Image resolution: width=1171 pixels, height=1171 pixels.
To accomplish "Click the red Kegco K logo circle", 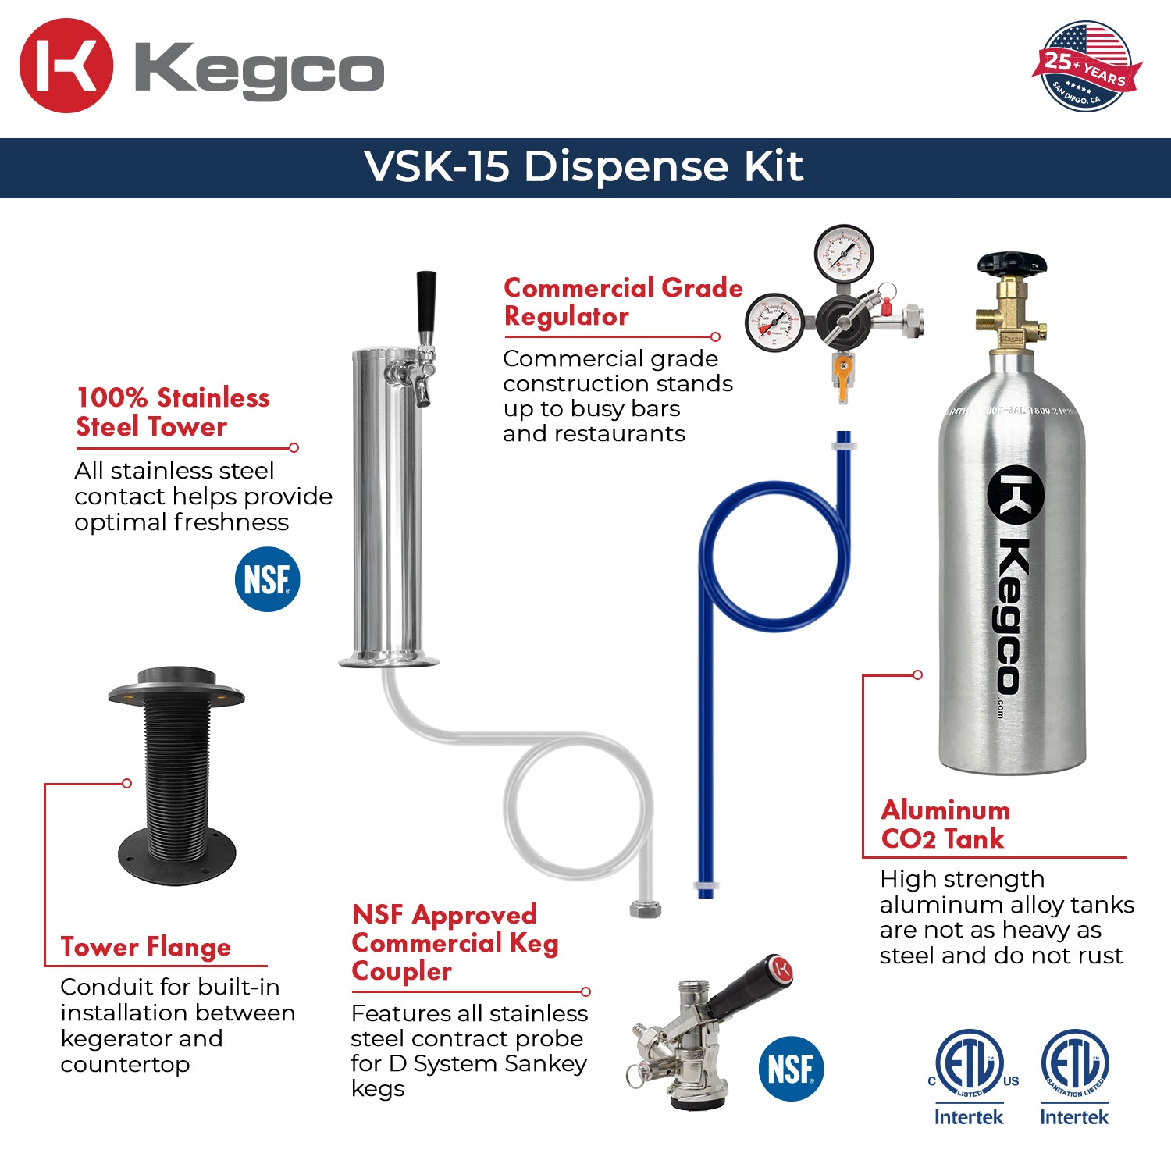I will point(66,66).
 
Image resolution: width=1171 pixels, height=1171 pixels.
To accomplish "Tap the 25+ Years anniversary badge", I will point(1086,67).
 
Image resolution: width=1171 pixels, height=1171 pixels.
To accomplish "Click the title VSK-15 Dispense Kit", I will point(584,166).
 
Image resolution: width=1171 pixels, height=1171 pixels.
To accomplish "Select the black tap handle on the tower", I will point(425,301).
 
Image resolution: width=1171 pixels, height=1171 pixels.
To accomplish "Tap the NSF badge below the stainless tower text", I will point(267,579).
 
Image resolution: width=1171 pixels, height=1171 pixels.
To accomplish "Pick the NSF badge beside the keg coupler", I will point(791,1068).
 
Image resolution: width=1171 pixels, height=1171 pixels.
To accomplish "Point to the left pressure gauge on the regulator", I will point(774,322).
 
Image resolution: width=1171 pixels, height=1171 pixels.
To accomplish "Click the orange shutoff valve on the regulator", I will point(842,372).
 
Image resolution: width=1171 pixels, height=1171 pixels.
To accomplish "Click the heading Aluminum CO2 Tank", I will point(945,824).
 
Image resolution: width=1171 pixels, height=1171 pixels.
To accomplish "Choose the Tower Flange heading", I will point(146,947).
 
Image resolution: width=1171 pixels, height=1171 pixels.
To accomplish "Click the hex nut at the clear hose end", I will point(645,909).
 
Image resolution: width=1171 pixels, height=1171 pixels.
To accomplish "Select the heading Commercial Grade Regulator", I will point(622,301).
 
